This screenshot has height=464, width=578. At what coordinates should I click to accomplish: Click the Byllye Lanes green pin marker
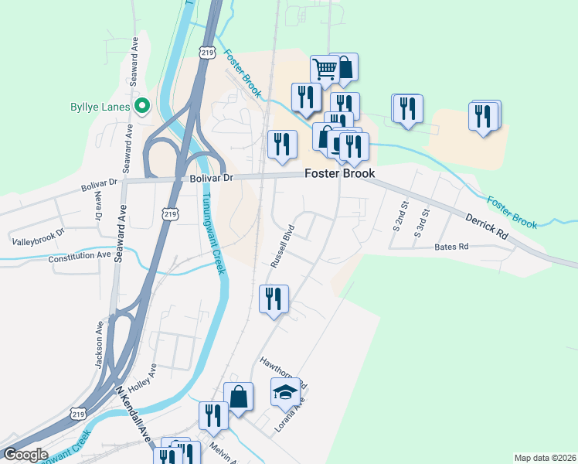click(142, 106)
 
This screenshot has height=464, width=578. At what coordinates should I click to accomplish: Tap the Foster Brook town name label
click(339, 173)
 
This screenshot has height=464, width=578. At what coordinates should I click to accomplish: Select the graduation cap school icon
click(285, 393)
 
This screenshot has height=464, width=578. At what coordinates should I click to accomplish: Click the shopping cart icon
click(325, 69)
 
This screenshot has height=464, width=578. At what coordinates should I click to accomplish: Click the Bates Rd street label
click(452, 247)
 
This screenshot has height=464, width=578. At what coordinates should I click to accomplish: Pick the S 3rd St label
click(421, 222)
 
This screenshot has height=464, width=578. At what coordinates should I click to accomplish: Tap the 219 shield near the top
click(206, 52)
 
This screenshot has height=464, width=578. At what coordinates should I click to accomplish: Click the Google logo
click(25, 455)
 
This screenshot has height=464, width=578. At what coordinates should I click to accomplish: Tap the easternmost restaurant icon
click(483, 118)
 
